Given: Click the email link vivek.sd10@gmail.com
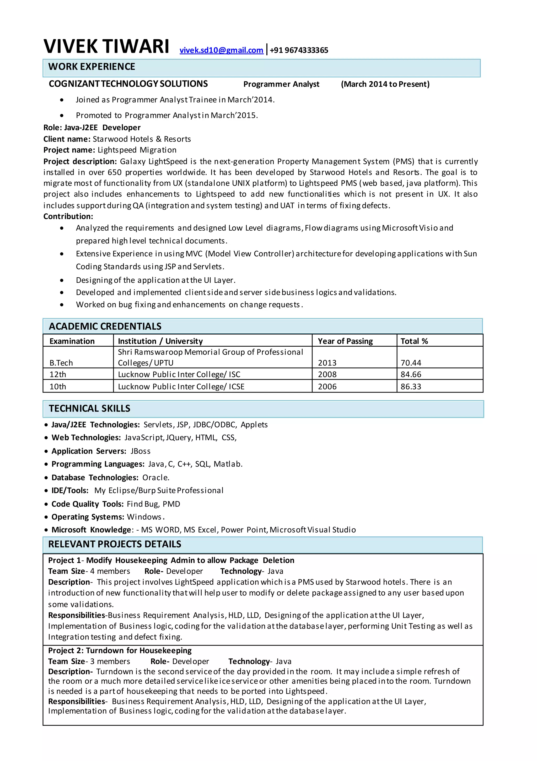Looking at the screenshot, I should (221, 50).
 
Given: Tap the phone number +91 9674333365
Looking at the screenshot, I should (299, 50).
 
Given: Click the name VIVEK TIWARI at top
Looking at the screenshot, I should (106, 46).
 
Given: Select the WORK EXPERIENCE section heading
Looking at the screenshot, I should (92, 67).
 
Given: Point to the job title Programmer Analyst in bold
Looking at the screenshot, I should (281, 84).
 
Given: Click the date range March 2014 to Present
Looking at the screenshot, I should (385, 84).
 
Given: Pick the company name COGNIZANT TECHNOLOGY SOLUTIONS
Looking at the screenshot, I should (128, 84).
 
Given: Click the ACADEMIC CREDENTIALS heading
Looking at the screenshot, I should (105, 326).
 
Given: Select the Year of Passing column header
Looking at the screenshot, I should (345, 341).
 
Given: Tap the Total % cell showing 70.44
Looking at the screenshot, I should (411, 363).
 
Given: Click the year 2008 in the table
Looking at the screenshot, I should (327, 374).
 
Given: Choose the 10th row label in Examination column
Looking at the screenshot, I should (58, 387).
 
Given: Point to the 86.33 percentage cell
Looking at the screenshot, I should (411, 387).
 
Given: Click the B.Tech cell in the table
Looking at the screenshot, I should (61, 363).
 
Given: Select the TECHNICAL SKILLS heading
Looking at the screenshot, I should (89, 408).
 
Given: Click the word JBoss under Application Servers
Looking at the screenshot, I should (141, 451).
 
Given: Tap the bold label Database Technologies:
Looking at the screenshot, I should (95, 478).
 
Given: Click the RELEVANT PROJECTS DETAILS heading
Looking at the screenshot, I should (115, 544).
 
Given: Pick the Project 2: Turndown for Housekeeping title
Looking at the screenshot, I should (120, 650).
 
